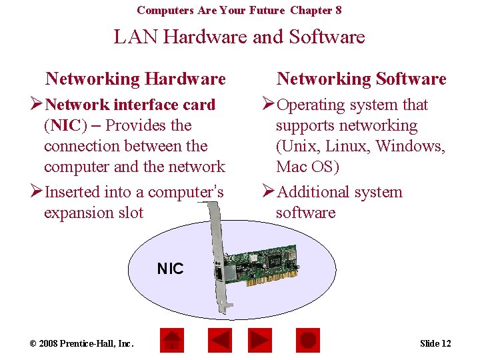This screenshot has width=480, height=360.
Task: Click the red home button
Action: pos(172,341)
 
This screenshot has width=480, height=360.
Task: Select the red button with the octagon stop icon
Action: pos(307,341)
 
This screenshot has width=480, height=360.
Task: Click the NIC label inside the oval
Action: pos(170,269)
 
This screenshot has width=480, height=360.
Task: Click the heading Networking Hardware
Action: pos(135,79)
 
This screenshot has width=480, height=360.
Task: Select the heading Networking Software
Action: pos(361,79)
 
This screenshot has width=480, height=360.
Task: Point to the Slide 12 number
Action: pos(435,343)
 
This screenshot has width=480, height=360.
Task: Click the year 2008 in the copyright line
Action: pos(49,343)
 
